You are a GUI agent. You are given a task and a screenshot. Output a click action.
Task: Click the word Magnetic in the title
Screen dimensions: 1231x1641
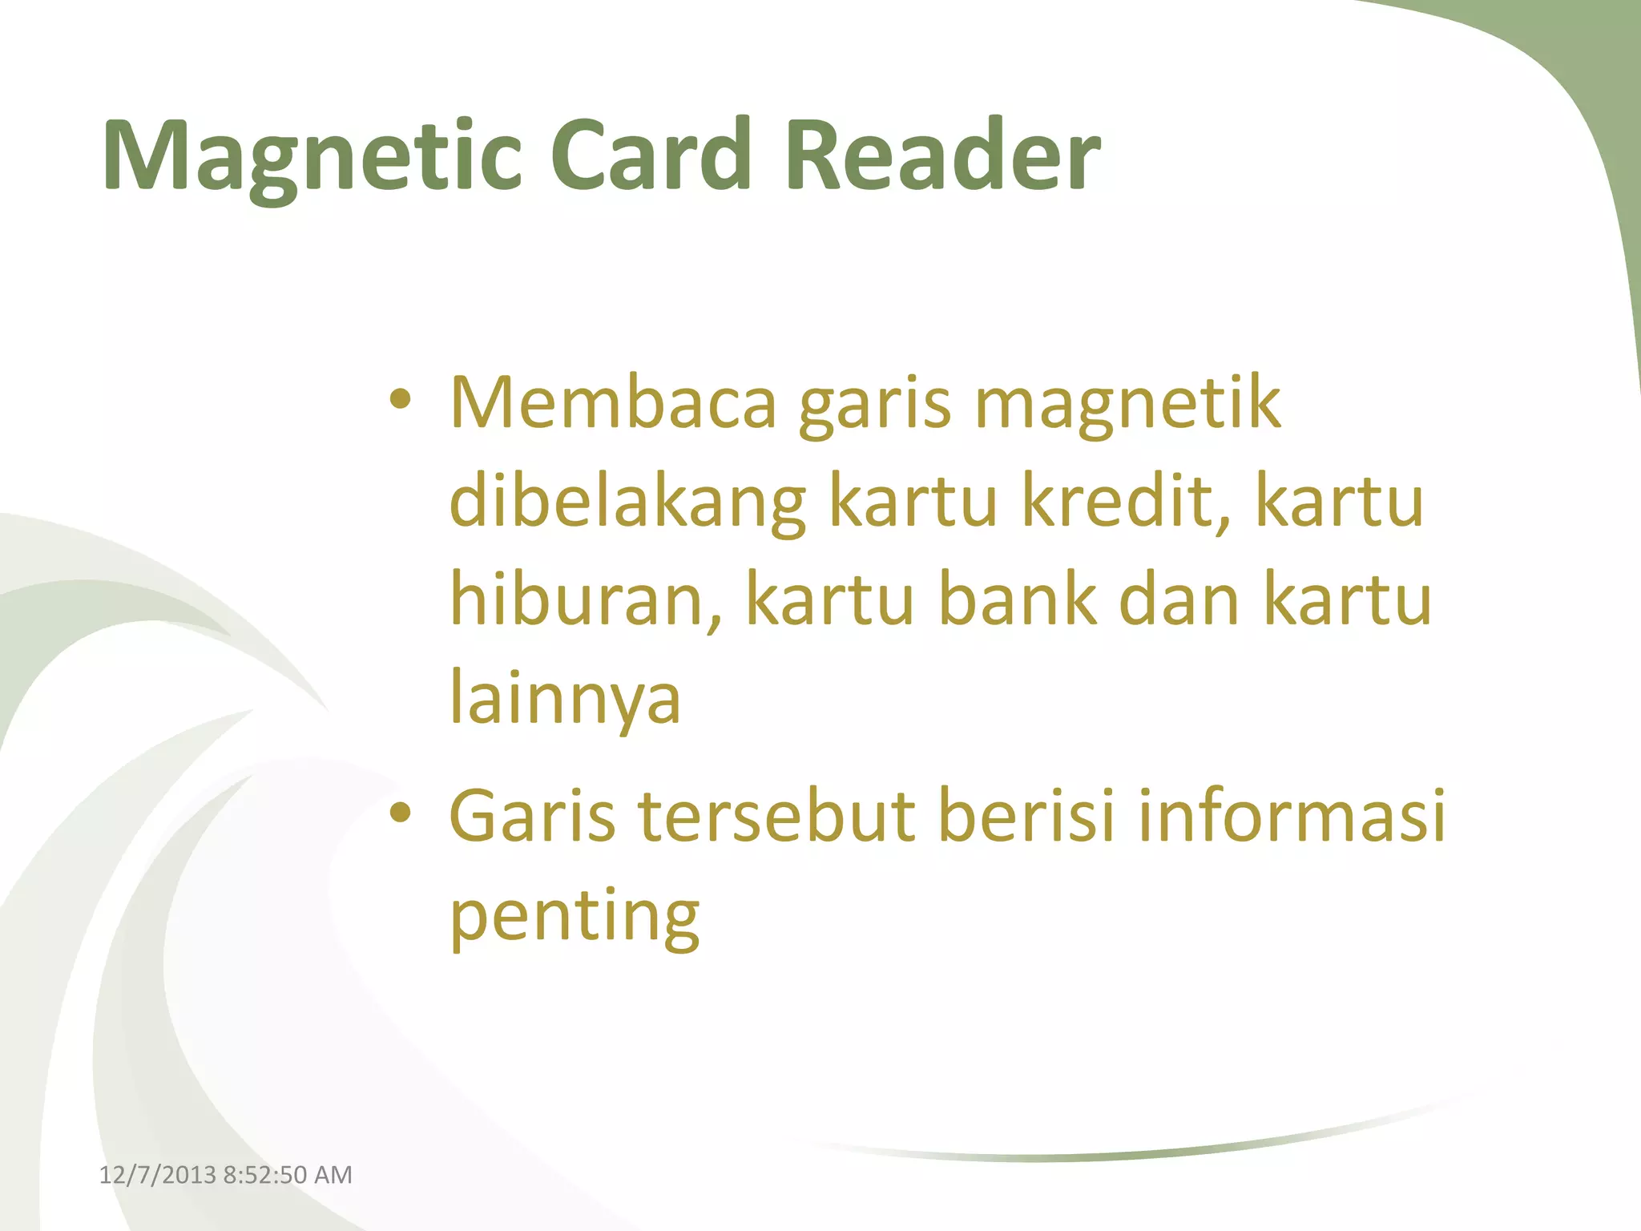[x=312, y=156]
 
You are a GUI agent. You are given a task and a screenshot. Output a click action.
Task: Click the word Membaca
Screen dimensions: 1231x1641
[x=613, y=403]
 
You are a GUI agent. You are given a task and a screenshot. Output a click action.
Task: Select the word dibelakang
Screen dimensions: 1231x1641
[x=627, y=503]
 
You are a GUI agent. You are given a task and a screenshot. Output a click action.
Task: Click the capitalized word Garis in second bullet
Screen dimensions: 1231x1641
[x=532, y=817]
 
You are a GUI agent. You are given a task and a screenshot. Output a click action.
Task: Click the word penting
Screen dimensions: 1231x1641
[x=575, y=918]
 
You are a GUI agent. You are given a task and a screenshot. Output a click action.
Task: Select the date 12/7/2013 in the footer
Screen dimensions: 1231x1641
[x=157, y=1175]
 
